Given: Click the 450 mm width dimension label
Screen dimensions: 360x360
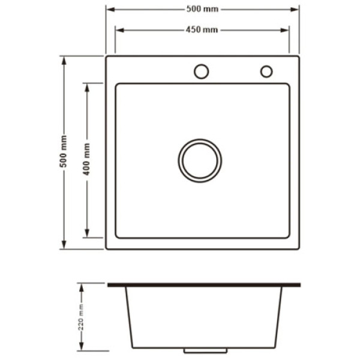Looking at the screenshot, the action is (x=202, y=30).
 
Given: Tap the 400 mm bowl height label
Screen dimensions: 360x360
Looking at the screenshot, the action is (x=86, y=159).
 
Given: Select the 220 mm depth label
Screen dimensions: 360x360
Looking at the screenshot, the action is (x=81, y=317).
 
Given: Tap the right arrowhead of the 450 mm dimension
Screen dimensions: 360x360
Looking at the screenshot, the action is (x=284, y=31).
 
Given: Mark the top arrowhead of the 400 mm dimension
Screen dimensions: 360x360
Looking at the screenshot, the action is (x=87, y=88).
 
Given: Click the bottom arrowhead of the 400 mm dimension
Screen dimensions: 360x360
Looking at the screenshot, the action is (x=87, y=233).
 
